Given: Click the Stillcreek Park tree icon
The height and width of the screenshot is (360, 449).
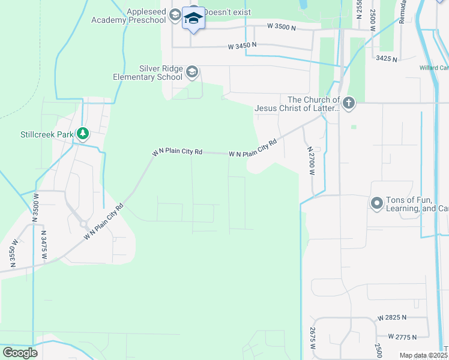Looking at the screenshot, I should click(x=83, y=133).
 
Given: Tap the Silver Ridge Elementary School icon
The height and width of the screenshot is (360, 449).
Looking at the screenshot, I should click(x=192, y=73).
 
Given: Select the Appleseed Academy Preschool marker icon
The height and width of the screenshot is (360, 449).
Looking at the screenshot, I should click(x=175, y=16).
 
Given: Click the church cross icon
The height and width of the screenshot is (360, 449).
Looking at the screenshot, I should click(x=349, y=104).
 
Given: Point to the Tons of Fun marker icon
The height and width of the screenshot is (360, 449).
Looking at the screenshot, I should click(x=377, y=203).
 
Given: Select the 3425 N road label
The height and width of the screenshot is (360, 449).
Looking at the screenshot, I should click(x=387, y=58).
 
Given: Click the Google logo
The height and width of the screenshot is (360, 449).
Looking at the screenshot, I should click(x=19, y=352).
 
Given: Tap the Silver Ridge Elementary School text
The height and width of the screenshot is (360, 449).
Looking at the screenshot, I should click(x=148, y=73).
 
